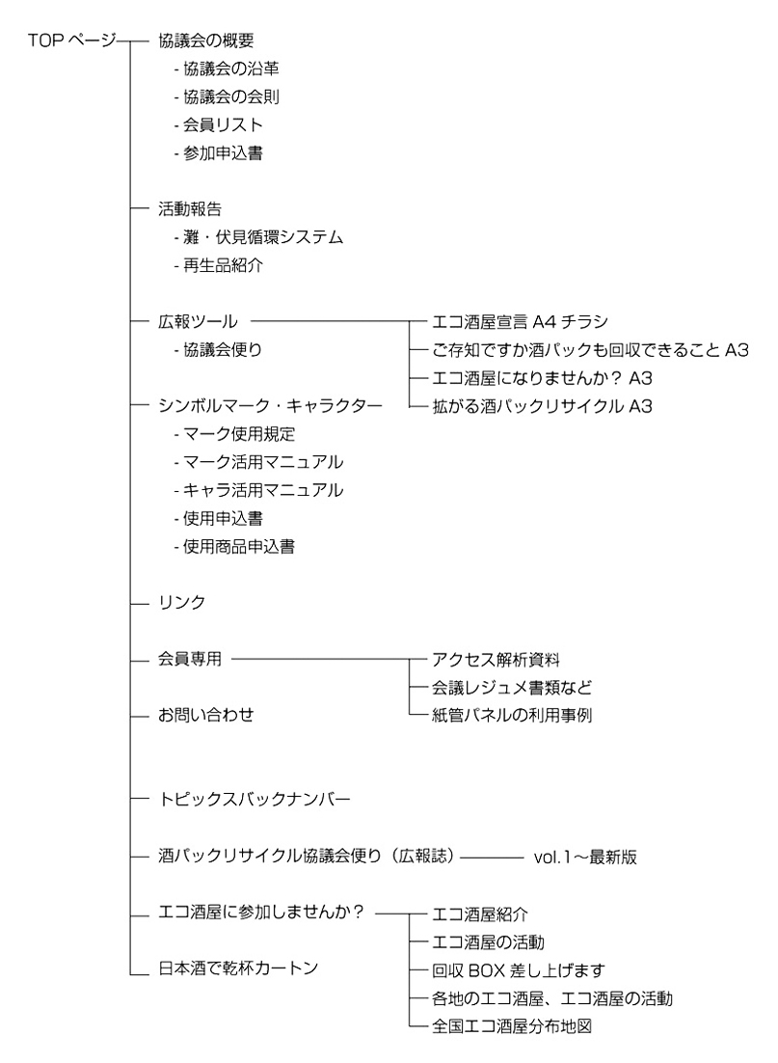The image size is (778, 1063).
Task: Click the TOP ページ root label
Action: pos(72,41)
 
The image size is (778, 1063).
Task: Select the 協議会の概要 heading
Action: pos(206,41)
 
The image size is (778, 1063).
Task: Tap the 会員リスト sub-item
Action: pos(223,125)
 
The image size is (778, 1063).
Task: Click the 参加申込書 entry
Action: pos(223,153)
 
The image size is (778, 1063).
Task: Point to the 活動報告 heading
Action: pos(190,208)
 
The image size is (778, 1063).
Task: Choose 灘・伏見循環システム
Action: pos(263,237)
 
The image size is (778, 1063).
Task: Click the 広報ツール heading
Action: pos(198,321)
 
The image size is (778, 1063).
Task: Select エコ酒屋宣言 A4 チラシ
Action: pos(521,321)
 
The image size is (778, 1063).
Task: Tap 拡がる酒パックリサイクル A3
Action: pos(542,406)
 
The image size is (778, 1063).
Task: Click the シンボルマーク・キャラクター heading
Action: pos(270,405)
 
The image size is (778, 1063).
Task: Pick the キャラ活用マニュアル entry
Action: pos(263,490)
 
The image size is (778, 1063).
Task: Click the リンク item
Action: pos(181,602)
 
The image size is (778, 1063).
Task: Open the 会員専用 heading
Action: pos(190,658)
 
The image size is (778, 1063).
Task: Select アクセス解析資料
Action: pos(496,659)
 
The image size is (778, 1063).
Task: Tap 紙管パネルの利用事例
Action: pos(512,715)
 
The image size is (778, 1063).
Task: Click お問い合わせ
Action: pos(206,715)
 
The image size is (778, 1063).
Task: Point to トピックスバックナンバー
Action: pos(255,800)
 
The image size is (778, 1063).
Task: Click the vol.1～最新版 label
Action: pos(585,857)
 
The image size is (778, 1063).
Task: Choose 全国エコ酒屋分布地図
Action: pos(512,1026)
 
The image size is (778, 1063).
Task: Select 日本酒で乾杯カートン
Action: pos(238,968)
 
